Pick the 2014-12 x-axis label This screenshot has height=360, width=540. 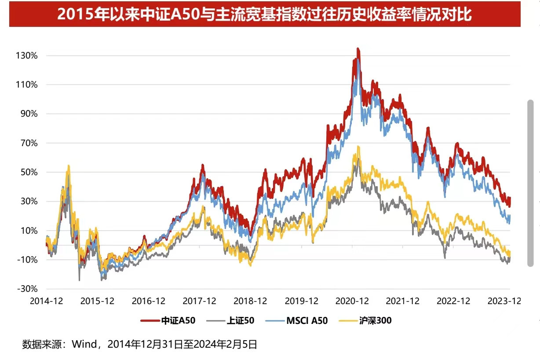(46, 301)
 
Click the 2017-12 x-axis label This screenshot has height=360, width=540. (199, 301)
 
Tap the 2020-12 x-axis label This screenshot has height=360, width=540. (352, 301)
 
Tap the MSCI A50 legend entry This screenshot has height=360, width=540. (306, 320)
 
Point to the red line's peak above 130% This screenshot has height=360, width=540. (358, 49)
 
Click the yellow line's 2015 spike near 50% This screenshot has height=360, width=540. (68, 166)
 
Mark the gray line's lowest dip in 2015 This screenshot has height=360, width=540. (79, 280)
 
